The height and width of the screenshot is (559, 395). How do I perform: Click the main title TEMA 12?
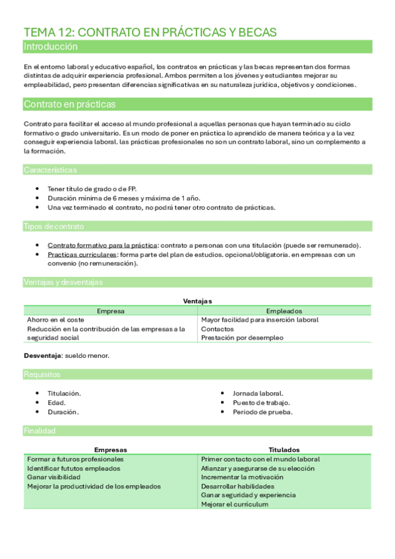[x=150, y=32]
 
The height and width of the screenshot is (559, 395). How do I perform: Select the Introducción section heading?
[x=51, y=47]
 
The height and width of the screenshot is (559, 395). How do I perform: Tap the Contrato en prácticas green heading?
[x=69, y=104]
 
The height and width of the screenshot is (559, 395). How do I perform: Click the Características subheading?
[x=50, y=170]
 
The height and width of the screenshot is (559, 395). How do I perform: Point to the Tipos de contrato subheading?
[x=53, y=226]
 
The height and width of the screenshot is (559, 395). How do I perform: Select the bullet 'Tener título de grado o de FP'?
[x=92, y=189]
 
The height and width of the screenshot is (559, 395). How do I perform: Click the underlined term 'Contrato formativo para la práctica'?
[x=103, y=245]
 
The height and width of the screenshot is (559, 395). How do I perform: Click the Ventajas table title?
[x=197, y=301]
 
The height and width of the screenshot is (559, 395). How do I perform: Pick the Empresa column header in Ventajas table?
[x=110, y=310]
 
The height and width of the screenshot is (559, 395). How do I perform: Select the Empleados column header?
[x=284, y=310]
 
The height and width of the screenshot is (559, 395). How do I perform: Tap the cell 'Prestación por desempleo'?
[x=242, y=338]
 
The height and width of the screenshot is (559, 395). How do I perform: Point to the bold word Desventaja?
[x=42, y=355]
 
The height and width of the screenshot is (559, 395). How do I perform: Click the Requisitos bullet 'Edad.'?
[x=57, y=402]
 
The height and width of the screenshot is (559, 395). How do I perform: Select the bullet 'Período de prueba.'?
[x=262, y=412]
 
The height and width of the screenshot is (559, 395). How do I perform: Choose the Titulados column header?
[x=284, y=450]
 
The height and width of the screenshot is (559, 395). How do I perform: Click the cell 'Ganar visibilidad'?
[x=54, y=477]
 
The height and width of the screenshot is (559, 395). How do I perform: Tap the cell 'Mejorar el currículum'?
[x=235, y=504]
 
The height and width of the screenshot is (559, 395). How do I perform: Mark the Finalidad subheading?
[x=40, y=430]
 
